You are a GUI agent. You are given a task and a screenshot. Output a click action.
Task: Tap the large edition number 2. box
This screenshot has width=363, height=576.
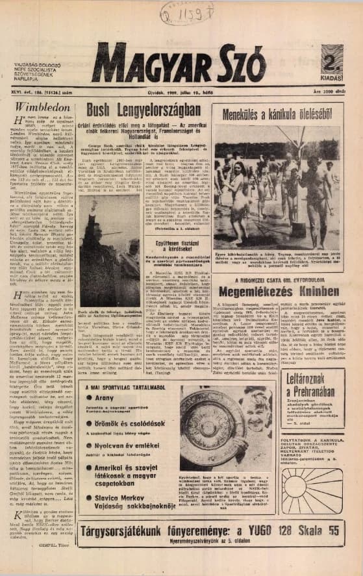(331, 60)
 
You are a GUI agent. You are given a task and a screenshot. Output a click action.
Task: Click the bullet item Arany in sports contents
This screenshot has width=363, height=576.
(104, 397)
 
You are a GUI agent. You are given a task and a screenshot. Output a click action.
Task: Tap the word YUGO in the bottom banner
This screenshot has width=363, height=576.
(273, 531)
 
